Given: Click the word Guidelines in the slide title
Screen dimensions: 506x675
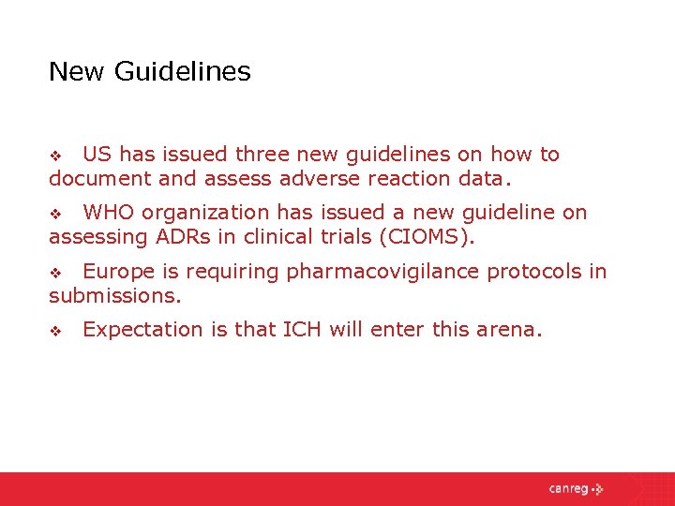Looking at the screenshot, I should [x=183, y=71].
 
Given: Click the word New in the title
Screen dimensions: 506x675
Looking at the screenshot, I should [x=77, y=71].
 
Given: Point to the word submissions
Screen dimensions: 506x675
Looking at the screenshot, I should [x=114, y=295].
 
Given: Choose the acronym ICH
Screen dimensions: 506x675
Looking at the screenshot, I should [x=301, y=329].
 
